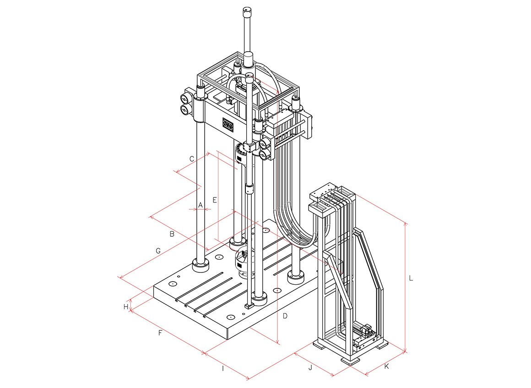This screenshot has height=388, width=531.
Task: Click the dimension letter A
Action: click(x=200, y=205)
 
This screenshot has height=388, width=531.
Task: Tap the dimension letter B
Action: click(x=172, y=234)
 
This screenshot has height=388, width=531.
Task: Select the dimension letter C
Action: click(x=192, y=159)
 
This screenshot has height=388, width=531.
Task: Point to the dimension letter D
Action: click(x=285, y=316)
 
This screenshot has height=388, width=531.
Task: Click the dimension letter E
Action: click(x=214, y=200)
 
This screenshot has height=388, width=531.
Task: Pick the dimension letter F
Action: click(x=160, y=333)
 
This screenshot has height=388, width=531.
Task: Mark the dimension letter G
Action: click(x=158, y=251)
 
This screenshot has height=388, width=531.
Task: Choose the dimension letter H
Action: click(x=126, y=307)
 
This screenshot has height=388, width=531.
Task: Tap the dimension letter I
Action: click(x=223, y=368)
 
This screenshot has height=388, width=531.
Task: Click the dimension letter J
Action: click(x=310, y=367)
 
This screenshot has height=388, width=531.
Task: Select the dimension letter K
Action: click(x=387, y=367)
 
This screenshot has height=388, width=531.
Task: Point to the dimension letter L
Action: click(x=411, y=278)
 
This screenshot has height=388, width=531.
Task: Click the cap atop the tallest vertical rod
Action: click(x=248, y=12)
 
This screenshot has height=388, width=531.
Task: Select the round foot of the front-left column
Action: click(x=201, y=265)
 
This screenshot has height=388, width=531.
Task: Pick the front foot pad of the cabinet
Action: click(x=350, y=361)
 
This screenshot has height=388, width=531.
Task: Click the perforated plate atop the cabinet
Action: click(x=324, y=192)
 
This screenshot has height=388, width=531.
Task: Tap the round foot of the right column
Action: click(x=296, y=277)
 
